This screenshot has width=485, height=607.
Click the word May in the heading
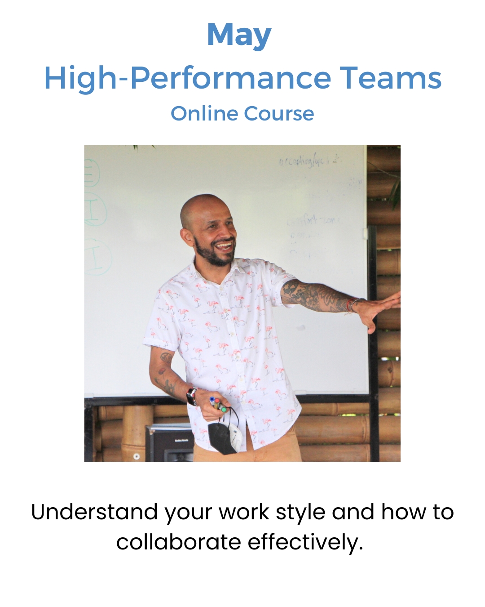[x=239, y=36]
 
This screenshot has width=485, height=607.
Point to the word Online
[x=203, y=114]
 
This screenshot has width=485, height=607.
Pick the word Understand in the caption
[x=94, y=512]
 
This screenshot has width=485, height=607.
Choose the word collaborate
[x=179, y=542]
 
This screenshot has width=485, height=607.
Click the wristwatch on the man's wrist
[x=192, y=396]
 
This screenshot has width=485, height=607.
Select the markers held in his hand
[x=218, y=404]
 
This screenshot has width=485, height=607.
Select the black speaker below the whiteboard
[x=169, y=443]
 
